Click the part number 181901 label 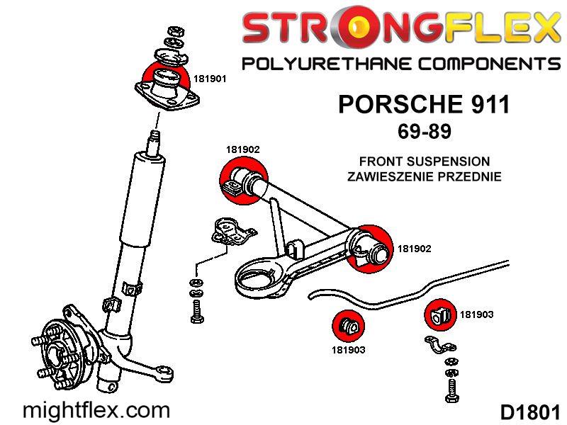click(209, 79)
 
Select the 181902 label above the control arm click(243, 149)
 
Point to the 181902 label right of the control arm click(415, 249)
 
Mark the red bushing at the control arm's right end click(372, 248)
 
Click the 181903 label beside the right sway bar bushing click(477, 314)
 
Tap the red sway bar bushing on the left click(348, 326)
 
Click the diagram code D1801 click(530, 412)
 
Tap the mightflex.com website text click(97, 410)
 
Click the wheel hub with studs click(60, 347)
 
